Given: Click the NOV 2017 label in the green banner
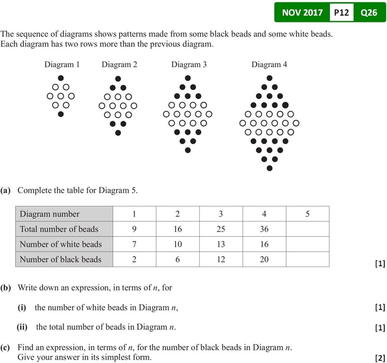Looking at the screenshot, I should point(302,13).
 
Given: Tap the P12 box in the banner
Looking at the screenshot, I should point(341,13).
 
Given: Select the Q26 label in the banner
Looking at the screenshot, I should point(369,13).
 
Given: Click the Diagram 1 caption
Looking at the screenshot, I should point(62,65).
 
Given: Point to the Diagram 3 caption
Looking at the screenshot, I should point(189,65).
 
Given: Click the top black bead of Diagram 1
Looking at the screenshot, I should point(61,78).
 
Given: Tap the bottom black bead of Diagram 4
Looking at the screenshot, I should point(269,168).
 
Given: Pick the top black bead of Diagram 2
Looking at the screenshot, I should point(118,78).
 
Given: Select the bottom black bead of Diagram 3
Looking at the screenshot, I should point(188,150).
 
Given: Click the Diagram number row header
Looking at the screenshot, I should point(50,214).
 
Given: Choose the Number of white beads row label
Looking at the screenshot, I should point(61,244).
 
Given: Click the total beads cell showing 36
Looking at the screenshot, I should point(264,229).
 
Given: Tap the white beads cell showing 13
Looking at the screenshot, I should point(221,244).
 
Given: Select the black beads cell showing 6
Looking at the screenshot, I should point(177,259).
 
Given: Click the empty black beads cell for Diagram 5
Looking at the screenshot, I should point(307,259).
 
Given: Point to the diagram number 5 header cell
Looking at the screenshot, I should point(307,214).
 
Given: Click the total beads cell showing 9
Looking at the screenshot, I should point(134,229).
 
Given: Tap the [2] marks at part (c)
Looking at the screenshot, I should point(380,358).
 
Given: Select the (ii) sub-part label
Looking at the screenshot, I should point(22,327).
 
